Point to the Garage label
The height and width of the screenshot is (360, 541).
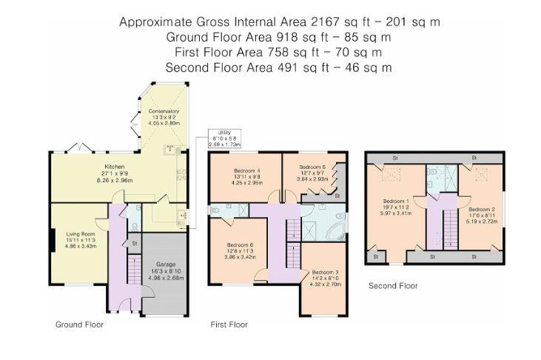click(166, 264)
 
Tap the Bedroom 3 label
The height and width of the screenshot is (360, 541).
click(325, 273)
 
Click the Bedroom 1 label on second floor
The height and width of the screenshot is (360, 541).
click(395, 201)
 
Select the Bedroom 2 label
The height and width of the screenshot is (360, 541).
click(481, 208)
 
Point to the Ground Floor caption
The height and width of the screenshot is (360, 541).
click(79, 324)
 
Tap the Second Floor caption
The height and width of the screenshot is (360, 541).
click(393, 285)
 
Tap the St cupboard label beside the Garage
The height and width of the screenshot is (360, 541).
click(135, 243)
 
